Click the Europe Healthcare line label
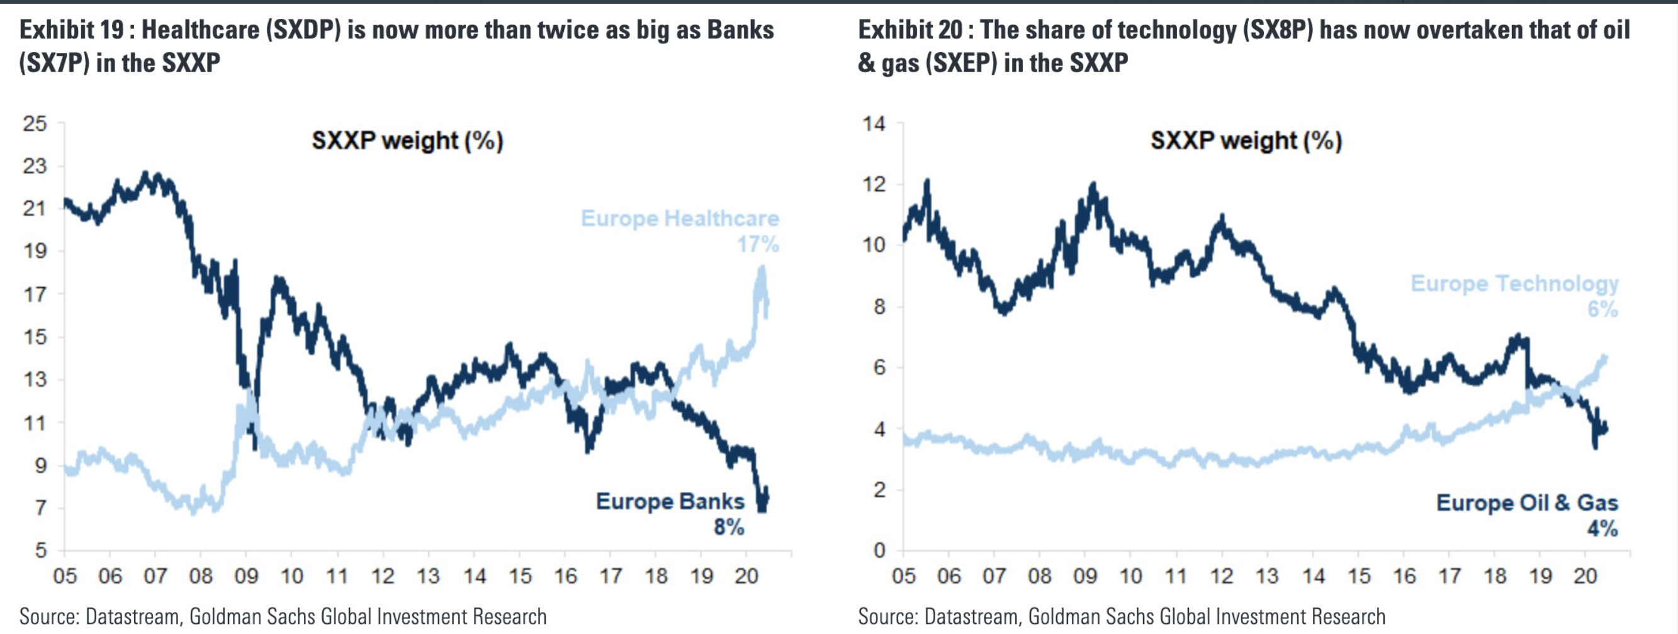coord(679,219)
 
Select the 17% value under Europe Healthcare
coord(758,245)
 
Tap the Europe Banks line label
coord(670,501)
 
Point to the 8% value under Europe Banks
coord(729,526)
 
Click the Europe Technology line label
coord(1514,284)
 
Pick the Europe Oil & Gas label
coord(1527,503)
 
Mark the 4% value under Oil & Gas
coord(1602,528)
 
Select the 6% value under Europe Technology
coord(1602,309)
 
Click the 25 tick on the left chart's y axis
coord(35,123)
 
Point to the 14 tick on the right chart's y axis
coord(874,123)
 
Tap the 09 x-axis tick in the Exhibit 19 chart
coord(246,576)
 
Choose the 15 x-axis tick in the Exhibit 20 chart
coord(1359,576)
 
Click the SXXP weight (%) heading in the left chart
coord(407,141)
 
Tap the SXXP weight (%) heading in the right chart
coord(1246,141)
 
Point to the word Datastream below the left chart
coord(133,616)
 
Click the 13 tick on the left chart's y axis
coord(35,379)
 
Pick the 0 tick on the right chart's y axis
coord(879,551)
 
